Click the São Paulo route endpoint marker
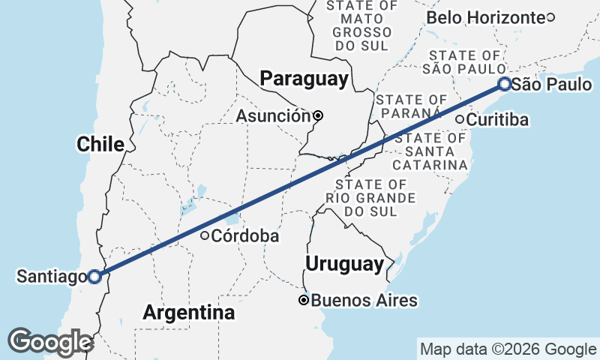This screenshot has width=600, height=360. [505, 84]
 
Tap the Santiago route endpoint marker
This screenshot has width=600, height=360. [94, 277]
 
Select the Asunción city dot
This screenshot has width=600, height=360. [318, 115]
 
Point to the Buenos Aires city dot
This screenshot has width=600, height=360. [304, 301]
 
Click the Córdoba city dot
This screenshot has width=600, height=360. [204, 235]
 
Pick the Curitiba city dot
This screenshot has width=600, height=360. [460, 119]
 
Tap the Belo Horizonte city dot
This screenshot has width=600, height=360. [550, 17]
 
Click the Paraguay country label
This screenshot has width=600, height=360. [303, 79]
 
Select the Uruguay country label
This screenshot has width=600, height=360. [344, 264]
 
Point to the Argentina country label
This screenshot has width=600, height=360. [188, 312]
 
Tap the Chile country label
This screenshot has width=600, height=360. [100, 145]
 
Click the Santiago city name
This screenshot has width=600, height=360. [51, 277]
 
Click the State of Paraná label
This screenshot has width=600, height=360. [412, 106]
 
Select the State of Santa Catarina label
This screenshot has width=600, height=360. [430, 151]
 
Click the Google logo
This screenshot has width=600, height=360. [50, 342]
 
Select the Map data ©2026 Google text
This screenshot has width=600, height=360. [507, 349]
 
